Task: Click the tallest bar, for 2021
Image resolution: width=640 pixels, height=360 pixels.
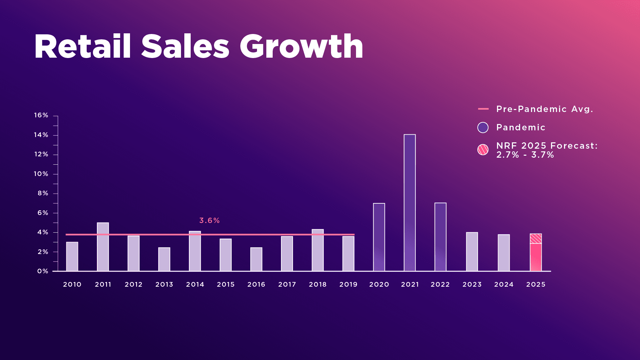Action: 410,203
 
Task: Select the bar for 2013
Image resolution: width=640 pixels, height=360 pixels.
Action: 164,259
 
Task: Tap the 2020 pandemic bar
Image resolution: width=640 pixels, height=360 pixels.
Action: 379,237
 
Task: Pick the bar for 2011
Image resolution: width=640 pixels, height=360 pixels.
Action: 103,247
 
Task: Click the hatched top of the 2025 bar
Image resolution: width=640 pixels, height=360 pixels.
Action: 536,239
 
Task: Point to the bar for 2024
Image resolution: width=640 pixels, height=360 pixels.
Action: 504,253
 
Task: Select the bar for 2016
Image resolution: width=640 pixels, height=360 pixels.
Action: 256,259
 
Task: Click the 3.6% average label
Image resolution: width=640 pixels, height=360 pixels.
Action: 209,221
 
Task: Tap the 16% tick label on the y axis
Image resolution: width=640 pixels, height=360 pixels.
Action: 41,115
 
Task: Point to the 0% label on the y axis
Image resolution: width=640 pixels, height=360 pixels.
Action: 43,271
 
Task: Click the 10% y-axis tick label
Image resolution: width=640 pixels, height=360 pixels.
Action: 41,174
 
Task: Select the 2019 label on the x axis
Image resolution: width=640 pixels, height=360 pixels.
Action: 348,284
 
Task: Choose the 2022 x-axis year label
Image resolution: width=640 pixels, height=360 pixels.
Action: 440,284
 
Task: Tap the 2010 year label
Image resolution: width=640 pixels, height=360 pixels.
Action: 72,284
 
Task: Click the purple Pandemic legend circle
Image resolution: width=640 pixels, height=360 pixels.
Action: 483,127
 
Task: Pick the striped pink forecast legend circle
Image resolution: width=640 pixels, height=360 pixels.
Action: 483,150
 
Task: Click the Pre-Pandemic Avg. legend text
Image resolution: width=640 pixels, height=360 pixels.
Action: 545,109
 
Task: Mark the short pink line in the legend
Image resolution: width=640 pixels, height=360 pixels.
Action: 483,109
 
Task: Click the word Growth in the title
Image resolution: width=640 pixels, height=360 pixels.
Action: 301,47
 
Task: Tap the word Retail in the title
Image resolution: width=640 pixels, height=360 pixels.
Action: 82,47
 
